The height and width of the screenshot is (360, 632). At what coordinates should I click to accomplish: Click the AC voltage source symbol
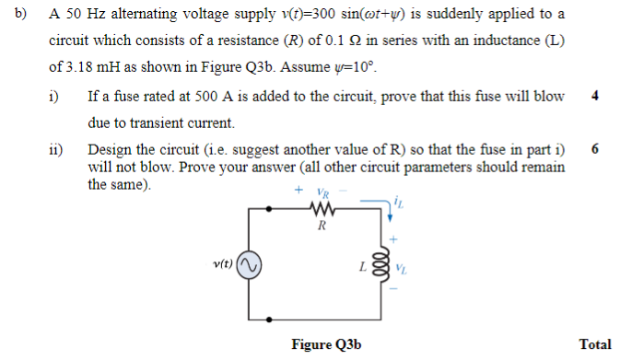click(x=248, y=267)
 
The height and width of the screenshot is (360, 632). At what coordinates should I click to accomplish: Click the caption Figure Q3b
click(x=326, y=344)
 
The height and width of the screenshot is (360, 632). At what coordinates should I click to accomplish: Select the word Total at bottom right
click(x=595, y=344)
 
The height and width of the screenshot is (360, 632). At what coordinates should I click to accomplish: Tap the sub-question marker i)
click(x=54, y=97)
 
